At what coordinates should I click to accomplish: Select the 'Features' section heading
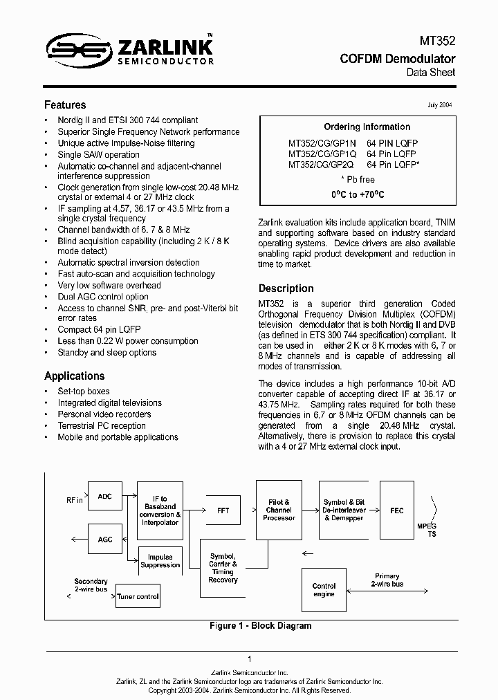coord(65,105)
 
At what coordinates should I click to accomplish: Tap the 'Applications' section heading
coord(75,376)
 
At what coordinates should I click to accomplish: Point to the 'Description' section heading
coord(286,288)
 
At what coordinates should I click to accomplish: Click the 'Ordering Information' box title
coord(367,127)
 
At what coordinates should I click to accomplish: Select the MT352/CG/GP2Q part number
coord(321,165)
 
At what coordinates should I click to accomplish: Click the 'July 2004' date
coord(441,105)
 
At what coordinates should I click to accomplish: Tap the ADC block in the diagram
coord(104,497)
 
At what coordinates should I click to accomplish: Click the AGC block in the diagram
coord(104,539)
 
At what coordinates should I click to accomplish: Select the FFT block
coord(223,510)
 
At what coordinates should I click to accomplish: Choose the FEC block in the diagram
coord(396,510)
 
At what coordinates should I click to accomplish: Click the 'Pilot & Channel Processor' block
coord(279,510)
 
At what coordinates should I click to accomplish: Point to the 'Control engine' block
coord(324,589)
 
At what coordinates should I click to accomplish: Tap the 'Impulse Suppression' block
coord(160,561)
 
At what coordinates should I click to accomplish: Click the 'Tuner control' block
coord(138,596)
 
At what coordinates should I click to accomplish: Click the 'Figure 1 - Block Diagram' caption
coord(260,625)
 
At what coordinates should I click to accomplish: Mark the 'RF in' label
coord(73,499)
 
